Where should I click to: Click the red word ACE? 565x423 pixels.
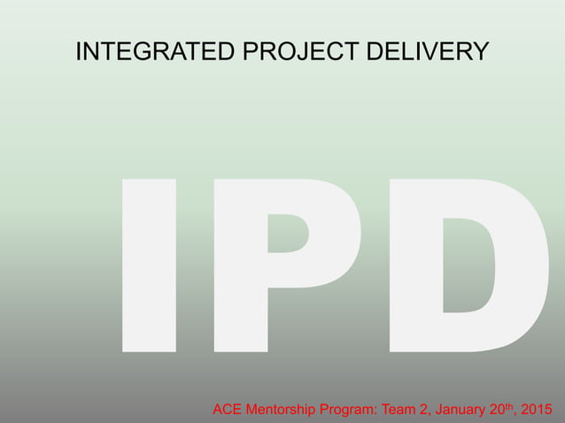tap(228, 410)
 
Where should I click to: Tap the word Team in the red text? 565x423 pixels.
tap(406, 410)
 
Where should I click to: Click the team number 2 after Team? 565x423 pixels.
tap(432, 410)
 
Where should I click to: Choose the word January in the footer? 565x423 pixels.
tap(467, 410)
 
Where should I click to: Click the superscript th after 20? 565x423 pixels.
tap(515, 406)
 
